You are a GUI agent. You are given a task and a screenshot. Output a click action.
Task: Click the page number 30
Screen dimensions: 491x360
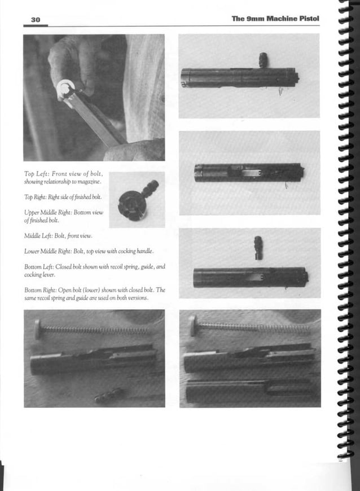point(35,19)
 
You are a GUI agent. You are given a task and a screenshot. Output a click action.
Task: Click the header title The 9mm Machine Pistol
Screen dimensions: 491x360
point(275,19)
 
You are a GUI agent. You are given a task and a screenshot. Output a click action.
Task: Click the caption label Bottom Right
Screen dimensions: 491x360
point(43,290)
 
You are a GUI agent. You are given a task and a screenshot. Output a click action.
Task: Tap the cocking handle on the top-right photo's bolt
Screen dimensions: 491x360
point(262,59)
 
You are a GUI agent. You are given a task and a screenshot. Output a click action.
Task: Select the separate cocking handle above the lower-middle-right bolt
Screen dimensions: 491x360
point(258,248)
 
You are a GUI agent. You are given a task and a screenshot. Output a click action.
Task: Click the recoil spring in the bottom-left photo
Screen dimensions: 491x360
point(96,330)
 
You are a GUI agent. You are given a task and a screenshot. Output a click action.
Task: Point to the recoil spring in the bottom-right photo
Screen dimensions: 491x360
point(254,327)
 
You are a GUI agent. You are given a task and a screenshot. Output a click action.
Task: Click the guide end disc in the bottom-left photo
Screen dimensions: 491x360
point(38,329)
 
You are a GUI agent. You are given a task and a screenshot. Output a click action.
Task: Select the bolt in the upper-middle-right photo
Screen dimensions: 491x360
point(248,173)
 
